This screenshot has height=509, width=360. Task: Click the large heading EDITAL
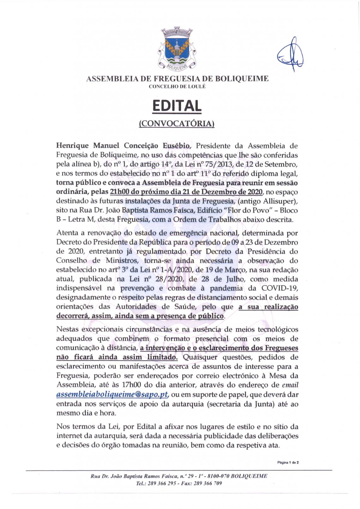[x=177, y=106]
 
